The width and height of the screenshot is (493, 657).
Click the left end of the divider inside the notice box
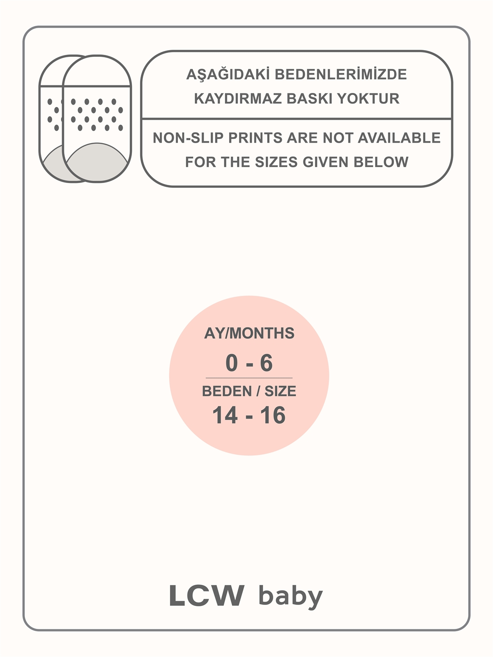click(x=142, y=119)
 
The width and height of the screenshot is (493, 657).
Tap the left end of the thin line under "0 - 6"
click(x=206, y=378)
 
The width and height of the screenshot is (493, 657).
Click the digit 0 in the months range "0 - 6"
click(x=231, y=363)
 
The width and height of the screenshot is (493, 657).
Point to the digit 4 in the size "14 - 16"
click(x=231, y=415)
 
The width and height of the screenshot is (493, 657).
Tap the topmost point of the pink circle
click(x=249, y=296)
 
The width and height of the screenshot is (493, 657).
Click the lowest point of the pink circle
click(x=249, y=456)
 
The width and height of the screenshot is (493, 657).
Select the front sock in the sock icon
click(x=97, y=119)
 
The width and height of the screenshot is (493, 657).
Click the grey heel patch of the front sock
click(x=97, y=162)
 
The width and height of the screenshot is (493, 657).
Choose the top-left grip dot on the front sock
click(x=73, y=102)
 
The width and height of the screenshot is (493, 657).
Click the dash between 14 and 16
click(x=249, y=417)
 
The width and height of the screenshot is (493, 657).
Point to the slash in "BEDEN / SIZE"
click(x=258, y=391)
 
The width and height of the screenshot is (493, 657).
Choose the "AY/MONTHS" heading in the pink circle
click(x=249, y=333)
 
